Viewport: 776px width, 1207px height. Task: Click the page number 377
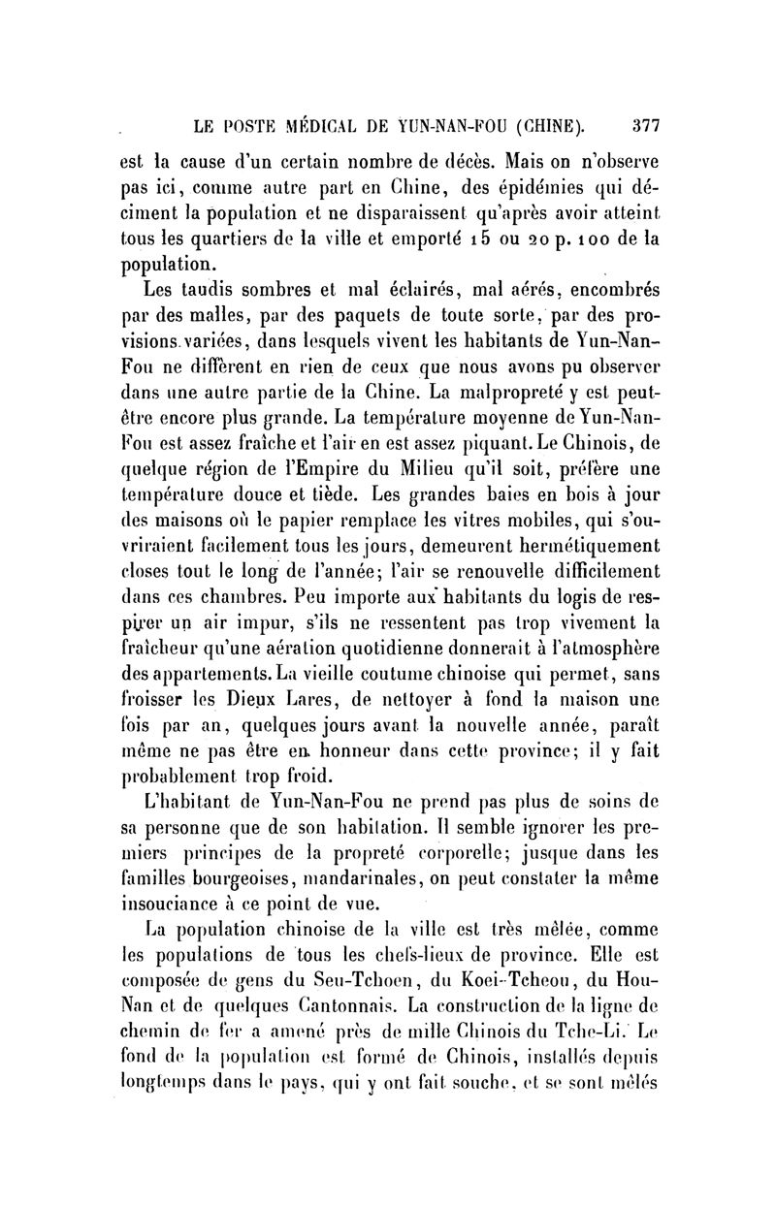click(x=645, y=124)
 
